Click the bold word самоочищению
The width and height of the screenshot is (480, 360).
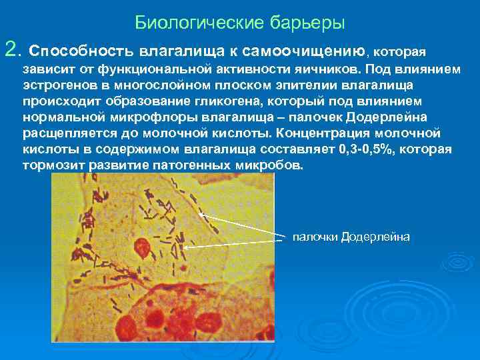304,51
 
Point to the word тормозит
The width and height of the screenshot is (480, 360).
49,165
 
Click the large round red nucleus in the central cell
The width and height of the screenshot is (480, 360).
142,249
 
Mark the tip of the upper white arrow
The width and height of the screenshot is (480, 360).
201,215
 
